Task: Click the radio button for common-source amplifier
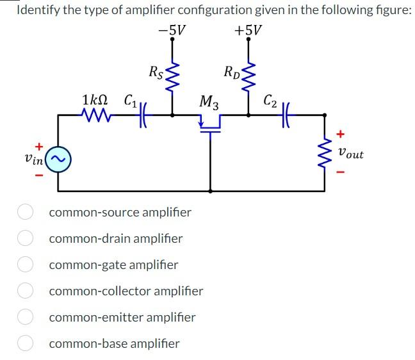pos(25,212)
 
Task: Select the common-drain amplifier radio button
pos(25,238)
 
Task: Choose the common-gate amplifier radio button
pos(25,265)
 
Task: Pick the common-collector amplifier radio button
pos(25,291)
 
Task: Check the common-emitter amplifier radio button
pos(25,317)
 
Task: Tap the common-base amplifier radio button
pos(25,343)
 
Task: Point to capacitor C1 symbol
pos(140,116)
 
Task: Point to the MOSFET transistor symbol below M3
pos(210,126)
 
